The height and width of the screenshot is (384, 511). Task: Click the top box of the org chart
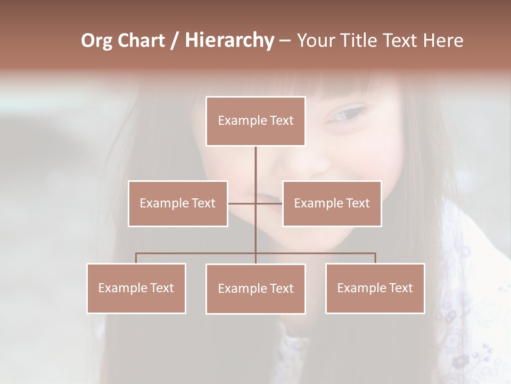point(256,121)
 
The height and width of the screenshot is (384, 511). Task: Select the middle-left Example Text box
point(178,203)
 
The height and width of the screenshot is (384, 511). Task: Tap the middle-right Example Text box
point(332,203)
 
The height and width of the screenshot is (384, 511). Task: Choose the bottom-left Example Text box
point(136,288)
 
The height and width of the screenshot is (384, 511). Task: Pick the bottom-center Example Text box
point(256,289)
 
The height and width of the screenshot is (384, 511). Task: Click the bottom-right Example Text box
point(375,288)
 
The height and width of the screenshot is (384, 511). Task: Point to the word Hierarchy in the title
point(229,41)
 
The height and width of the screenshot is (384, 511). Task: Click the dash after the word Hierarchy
point(284,41)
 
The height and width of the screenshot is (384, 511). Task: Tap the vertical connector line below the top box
point(256,165)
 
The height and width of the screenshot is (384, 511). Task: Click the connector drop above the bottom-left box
point(136,258)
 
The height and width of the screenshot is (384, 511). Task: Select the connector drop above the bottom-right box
point(375,258)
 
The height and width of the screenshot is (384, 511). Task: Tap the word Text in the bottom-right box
point(400,288)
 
